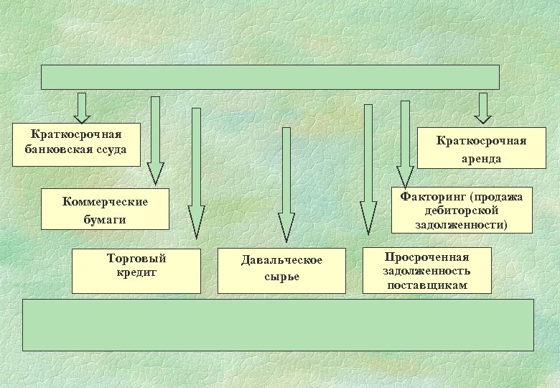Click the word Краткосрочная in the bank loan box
pos(76,135)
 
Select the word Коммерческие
pos(105,201)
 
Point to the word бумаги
pos(105,219)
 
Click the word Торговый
pos(136,258)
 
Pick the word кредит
pos(136,272)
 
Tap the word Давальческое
pos(281,260)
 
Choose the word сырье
pos(281,277)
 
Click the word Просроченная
pos(427,257)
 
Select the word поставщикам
pos(427,285)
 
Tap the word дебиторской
pos(462,210)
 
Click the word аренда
pos(482,158)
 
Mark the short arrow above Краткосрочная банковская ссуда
pos(83,108)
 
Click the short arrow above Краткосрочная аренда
pos(482,108)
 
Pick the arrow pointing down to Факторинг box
pos(405,144)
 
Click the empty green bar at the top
pos(270,77)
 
